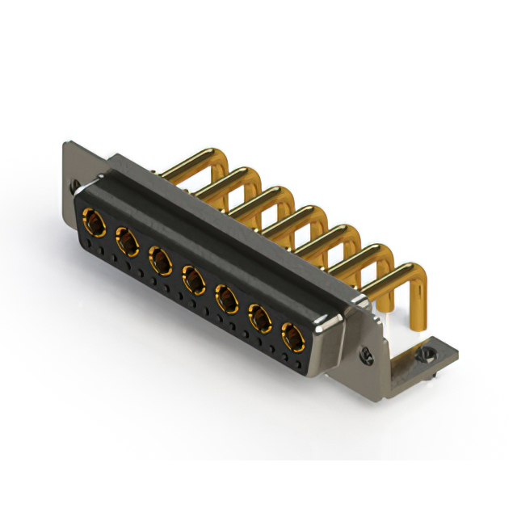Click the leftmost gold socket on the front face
[x=94, y=220]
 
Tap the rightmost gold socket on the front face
[x=292, y=335]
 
